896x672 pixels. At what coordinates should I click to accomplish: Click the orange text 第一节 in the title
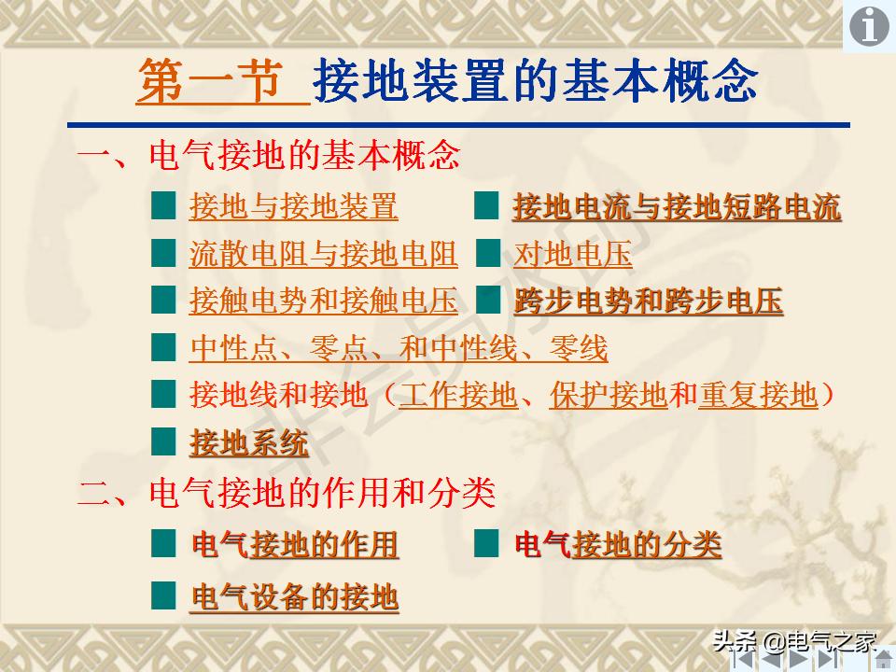coord(210,83)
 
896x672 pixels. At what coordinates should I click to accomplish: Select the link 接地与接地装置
coord(293,206)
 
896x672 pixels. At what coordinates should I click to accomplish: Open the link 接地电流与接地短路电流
coord(677,206)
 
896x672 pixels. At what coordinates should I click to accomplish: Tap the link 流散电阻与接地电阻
coord(323,254)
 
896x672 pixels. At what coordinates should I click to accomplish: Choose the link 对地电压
coord(572,254)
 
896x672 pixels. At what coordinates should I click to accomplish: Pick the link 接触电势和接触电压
coord(323,301)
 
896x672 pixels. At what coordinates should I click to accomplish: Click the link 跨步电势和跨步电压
coord(648,301)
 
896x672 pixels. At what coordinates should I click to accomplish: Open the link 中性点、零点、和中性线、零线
coord(399,349)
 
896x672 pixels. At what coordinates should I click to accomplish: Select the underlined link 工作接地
coord(457,396)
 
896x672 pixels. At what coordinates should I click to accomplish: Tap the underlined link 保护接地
coord(608,396)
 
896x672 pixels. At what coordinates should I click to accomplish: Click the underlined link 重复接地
coord(758,396)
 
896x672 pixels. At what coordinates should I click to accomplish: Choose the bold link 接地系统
coord(248,443)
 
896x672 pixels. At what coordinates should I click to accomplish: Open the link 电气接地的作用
coord(295,544)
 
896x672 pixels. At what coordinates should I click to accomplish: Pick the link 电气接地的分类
coord(618,544)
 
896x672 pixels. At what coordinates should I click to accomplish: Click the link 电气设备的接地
coord(295,595)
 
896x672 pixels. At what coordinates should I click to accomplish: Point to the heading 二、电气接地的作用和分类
coord(286,493)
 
